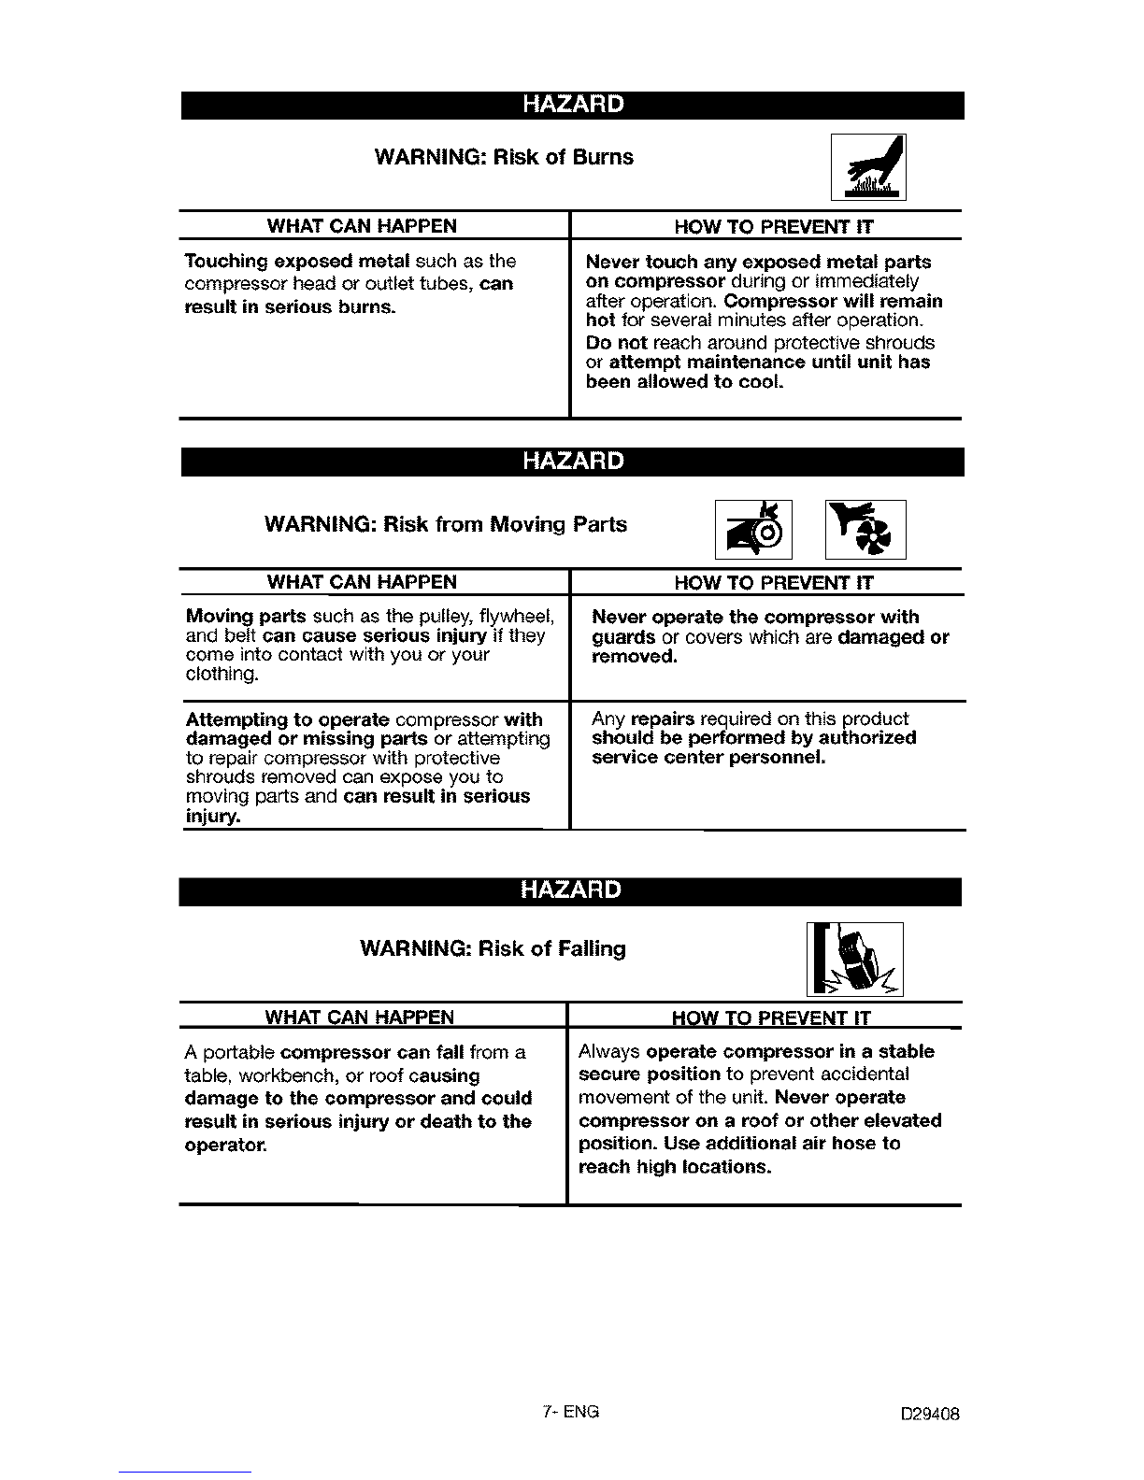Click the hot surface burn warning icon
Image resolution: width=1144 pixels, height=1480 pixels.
[x=868, y=167]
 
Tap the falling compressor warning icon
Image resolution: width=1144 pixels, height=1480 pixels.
[x=855, y=959]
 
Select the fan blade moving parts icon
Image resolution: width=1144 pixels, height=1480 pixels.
[x=865, y=529]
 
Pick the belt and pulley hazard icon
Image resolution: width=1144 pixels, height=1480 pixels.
[x=753, y=529]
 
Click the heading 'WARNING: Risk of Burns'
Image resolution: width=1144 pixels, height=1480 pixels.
[x=503, y=157]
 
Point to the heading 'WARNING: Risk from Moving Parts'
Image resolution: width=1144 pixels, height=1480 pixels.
[x=446, y=524]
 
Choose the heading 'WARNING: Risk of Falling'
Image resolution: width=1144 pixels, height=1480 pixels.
[x=493, y=948]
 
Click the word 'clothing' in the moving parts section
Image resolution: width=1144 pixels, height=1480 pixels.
[x=221, y=675]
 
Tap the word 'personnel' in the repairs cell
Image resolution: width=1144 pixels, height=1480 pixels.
[x=779, y=757]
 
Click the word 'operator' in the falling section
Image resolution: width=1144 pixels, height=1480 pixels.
[x=225, y=1144]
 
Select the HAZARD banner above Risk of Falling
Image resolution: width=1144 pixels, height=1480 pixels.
[x=571, y=889]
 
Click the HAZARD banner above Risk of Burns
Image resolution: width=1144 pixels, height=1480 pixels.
[x=572, y=104]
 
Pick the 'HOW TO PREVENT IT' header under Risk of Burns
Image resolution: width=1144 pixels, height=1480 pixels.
[x=774, y=226]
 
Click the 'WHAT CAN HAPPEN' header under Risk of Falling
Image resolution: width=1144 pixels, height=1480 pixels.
[x=360, y=1017]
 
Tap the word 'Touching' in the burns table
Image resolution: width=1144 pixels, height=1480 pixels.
[x=226, y=261]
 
